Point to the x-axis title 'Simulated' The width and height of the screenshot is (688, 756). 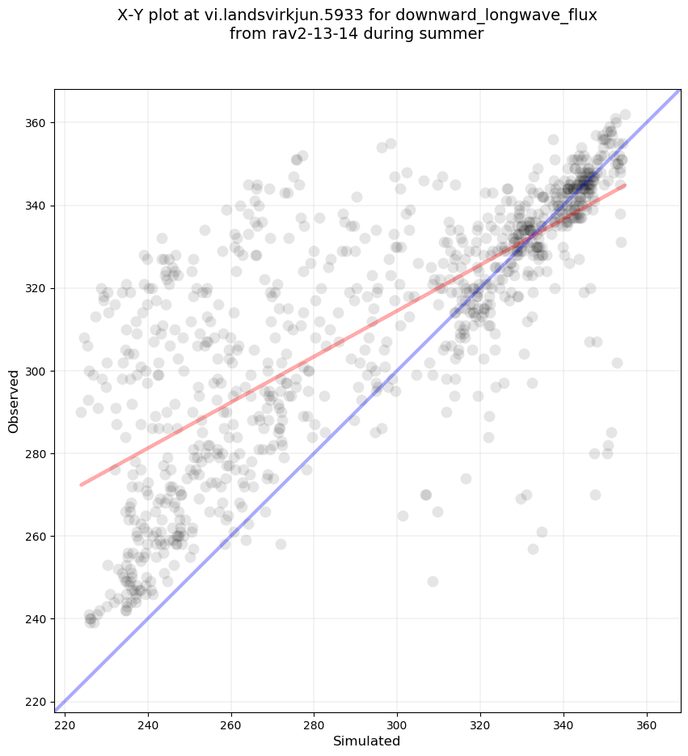[367, 741]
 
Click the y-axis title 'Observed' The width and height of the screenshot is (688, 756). [14, 401]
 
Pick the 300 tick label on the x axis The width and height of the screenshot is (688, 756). [397, 722]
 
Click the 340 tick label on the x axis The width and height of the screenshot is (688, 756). [563, 722]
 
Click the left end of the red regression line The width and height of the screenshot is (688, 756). [81, 485]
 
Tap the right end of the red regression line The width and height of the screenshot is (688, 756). [625, 185]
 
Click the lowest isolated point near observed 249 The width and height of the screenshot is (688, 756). [433, 581]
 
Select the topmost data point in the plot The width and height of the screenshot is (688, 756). [625, 115]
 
